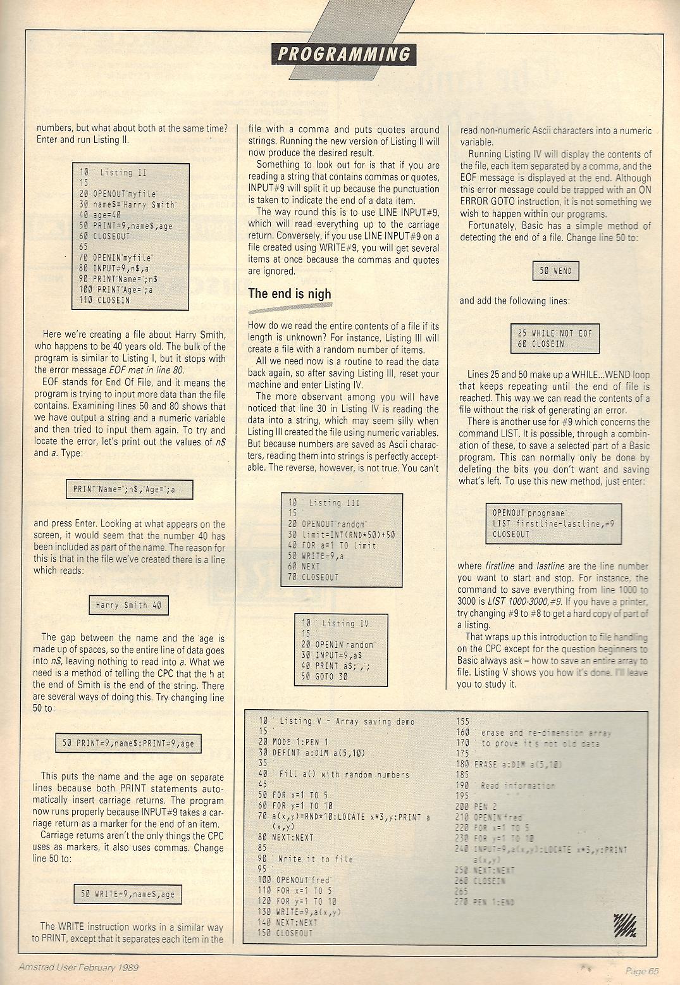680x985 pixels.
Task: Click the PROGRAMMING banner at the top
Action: pos(344,54)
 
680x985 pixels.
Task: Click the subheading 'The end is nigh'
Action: pos(289,294)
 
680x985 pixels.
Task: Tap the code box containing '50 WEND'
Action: pos(555,271)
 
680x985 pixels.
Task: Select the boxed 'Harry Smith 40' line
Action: pos(128,605)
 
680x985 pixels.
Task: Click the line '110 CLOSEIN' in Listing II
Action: pos(104,300)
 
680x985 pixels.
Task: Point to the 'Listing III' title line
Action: pos(324,503)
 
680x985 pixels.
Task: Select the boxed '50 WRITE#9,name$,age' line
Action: pos(128,894)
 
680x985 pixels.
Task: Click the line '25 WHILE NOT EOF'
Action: pos(554,333)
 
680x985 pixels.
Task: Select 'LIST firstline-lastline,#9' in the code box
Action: pos(553,524)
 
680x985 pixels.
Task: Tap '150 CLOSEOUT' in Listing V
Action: pos(286,933)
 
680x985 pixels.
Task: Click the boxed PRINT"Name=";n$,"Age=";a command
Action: pos(129,489)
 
